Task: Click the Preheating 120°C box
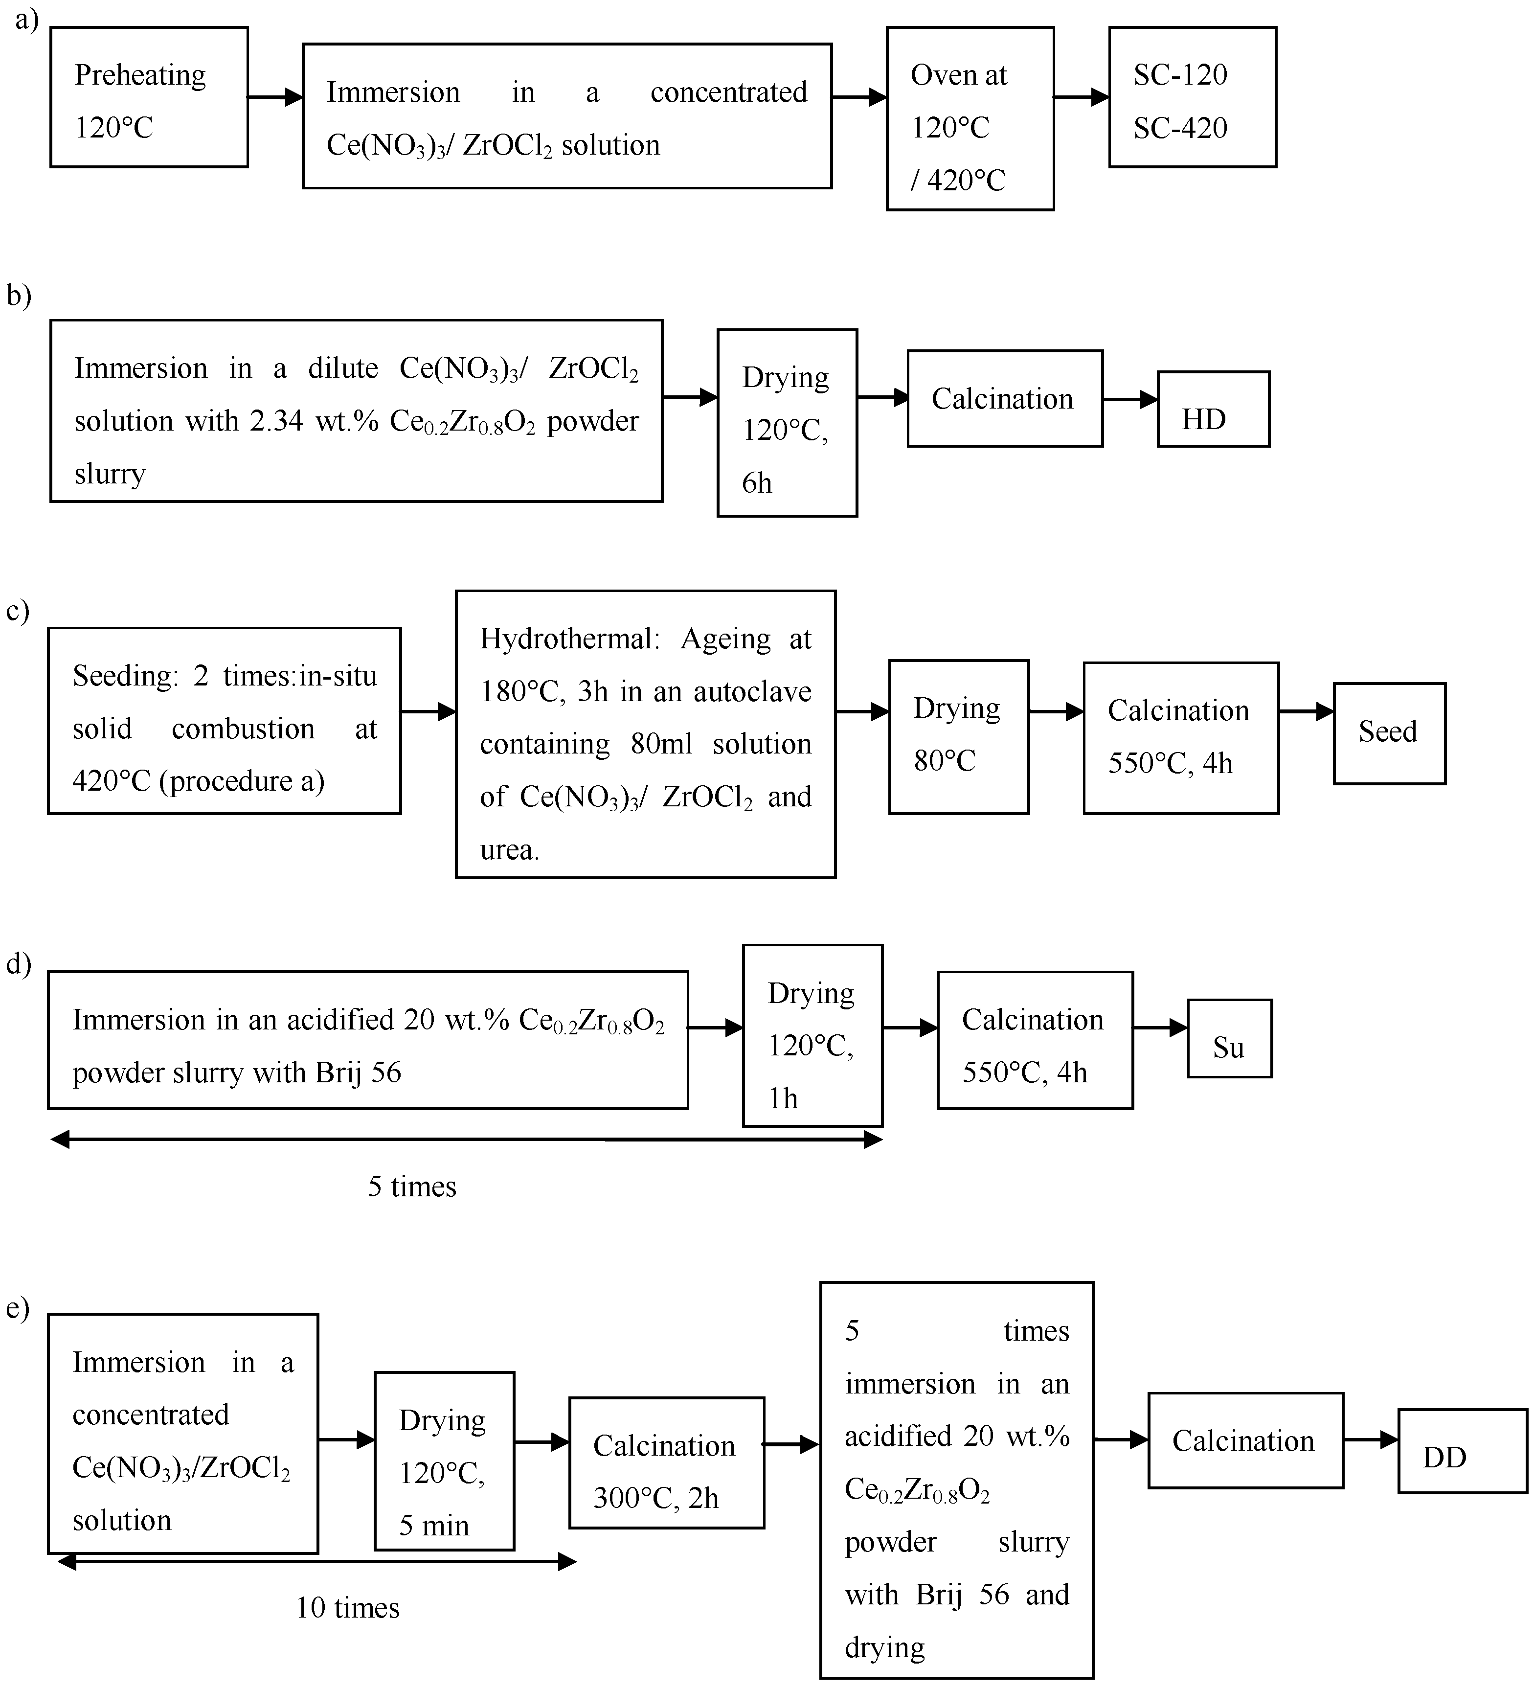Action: pos(149,97)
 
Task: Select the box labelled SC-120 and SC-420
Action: pos(1192,97)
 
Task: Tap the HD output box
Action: pos(1213,409)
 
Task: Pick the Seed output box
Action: pos(1389,733)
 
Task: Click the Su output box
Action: pos(1229,1038)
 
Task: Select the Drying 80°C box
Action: pos(958,736)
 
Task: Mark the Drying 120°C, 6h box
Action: pos(787,423)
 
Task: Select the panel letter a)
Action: pos(27,19)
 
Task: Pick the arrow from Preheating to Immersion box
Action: pos(275,97)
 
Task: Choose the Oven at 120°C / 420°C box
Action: pos(970,118)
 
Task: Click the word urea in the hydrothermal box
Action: pos(509,849)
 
